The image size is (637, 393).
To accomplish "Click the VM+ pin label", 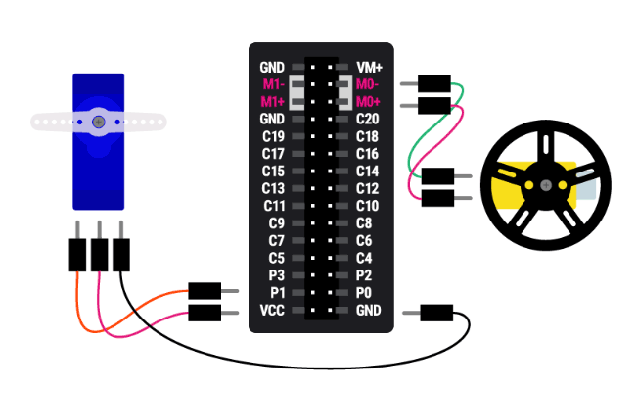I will coord(369,67).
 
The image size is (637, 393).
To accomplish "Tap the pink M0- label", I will coord(368,84).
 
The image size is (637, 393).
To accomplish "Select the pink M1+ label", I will coord(273,102).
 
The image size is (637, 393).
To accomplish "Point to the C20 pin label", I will coord(368,119).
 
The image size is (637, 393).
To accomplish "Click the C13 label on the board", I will coord(273,188).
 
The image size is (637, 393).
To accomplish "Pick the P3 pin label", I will coord(276,275).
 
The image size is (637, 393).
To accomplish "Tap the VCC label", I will coord(272,311).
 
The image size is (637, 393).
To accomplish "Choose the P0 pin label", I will coord(364,293).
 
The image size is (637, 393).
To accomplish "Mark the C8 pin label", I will coord(364,223).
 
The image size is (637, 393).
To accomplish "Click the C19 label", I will coord(273,136).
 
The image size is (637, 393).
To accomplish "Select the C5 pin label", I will coord(276,259).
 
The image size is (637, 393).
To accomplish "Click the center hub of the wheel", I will coord(540,185).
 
